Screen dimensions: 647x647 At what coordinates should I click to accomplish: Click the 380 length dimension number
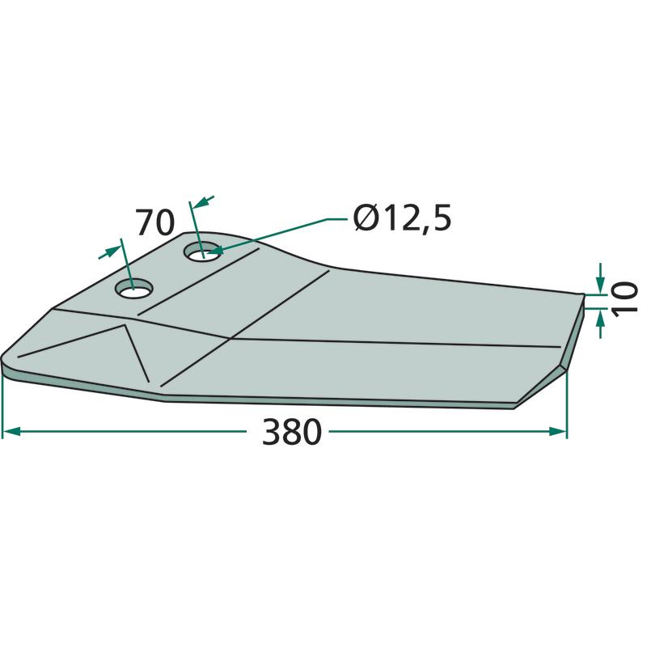pos(292,432)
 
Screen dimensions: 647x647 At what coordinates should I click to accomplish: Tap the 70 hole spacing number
pos(155,223)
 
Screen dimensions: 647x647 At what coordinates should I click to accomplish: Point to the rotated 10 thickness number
pos(624,299)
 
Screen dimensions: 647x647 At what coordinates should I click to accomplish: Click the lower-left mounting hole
pos(134,289)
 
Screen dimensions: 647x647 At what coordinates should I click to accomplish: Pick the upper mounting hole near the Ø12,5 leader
pos(203,252)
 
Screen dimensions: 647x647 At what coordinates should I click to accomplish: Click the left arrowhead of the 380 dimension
pos(11,432)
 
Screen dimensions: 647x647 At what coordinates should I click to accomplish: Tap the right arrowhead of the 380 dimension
pos(558,432)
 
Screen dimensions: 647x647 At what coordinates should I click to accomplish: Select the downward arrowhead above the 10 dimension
pos(600,285)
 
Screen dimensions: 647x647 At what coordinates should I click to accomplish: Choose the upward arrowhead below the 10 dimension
pos(600,318)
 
